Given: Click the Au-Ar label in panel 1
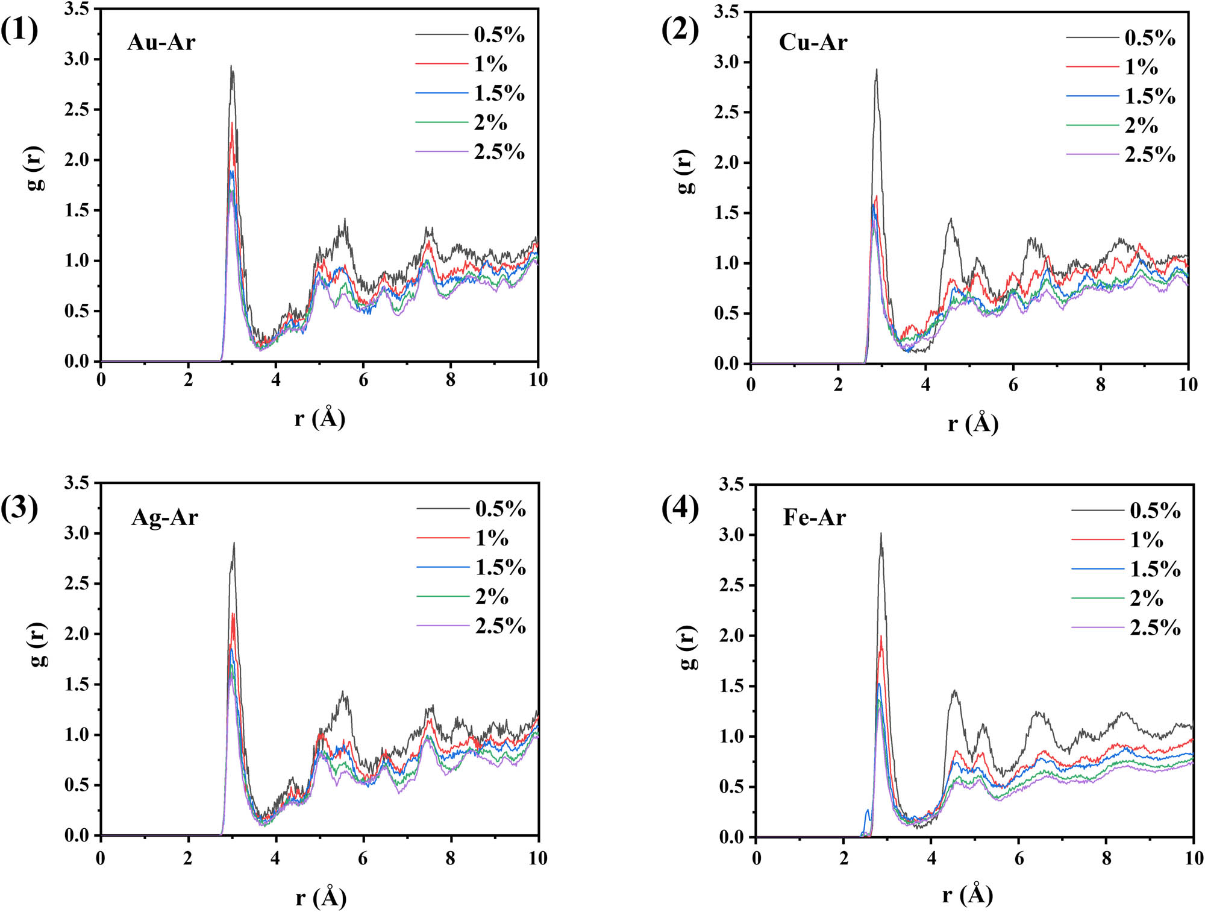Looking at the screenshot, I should pos(161,42).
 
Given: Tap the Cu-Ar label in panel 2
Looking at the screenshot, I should pos(813,42).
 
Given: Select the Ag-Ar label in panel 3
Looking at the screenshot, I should pos(164,517).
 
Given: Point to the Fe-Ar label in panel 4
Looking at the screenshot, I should pos(814,517).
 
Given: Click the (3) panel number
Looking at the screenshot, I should pos(19,508).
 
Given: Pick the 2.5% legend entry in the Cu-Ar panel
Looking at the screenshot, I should pos(1150,155).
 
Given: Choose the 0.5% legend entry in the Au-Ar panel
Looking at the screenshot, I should pos(499,35).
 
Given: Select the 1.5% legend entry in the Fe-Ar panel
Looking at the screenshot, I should pos(1154,569).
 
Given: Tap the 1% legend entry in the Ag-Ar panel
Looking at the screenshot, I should pos(492,538).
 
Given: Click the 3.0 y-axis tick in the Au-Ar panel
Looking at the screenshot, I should pos(77,59).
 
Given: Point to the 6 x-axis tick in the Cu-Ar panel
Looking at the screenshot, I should pos(1013,385).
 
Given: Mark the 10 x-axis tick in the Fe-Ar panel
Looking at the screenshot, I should pos(1194,858).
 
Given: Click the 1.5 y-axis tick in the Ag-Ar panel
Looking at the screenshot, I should pos(77,684).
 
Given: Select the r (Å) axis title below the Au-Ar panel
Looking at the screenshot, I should pos(320,418).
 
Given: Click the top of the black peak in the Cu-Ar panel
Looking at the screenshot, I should pos(877,69).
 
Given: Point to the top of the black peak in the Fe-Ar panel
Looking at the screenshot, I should pos(881,533).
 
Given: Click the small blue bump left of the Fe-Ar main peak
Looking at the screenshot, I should pos(868,811).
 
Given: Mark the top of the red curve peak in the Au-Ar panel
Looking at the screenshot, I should pos(232,124).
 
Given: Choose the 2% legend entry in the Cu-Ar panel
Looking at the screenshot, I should pos(1141,125).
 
